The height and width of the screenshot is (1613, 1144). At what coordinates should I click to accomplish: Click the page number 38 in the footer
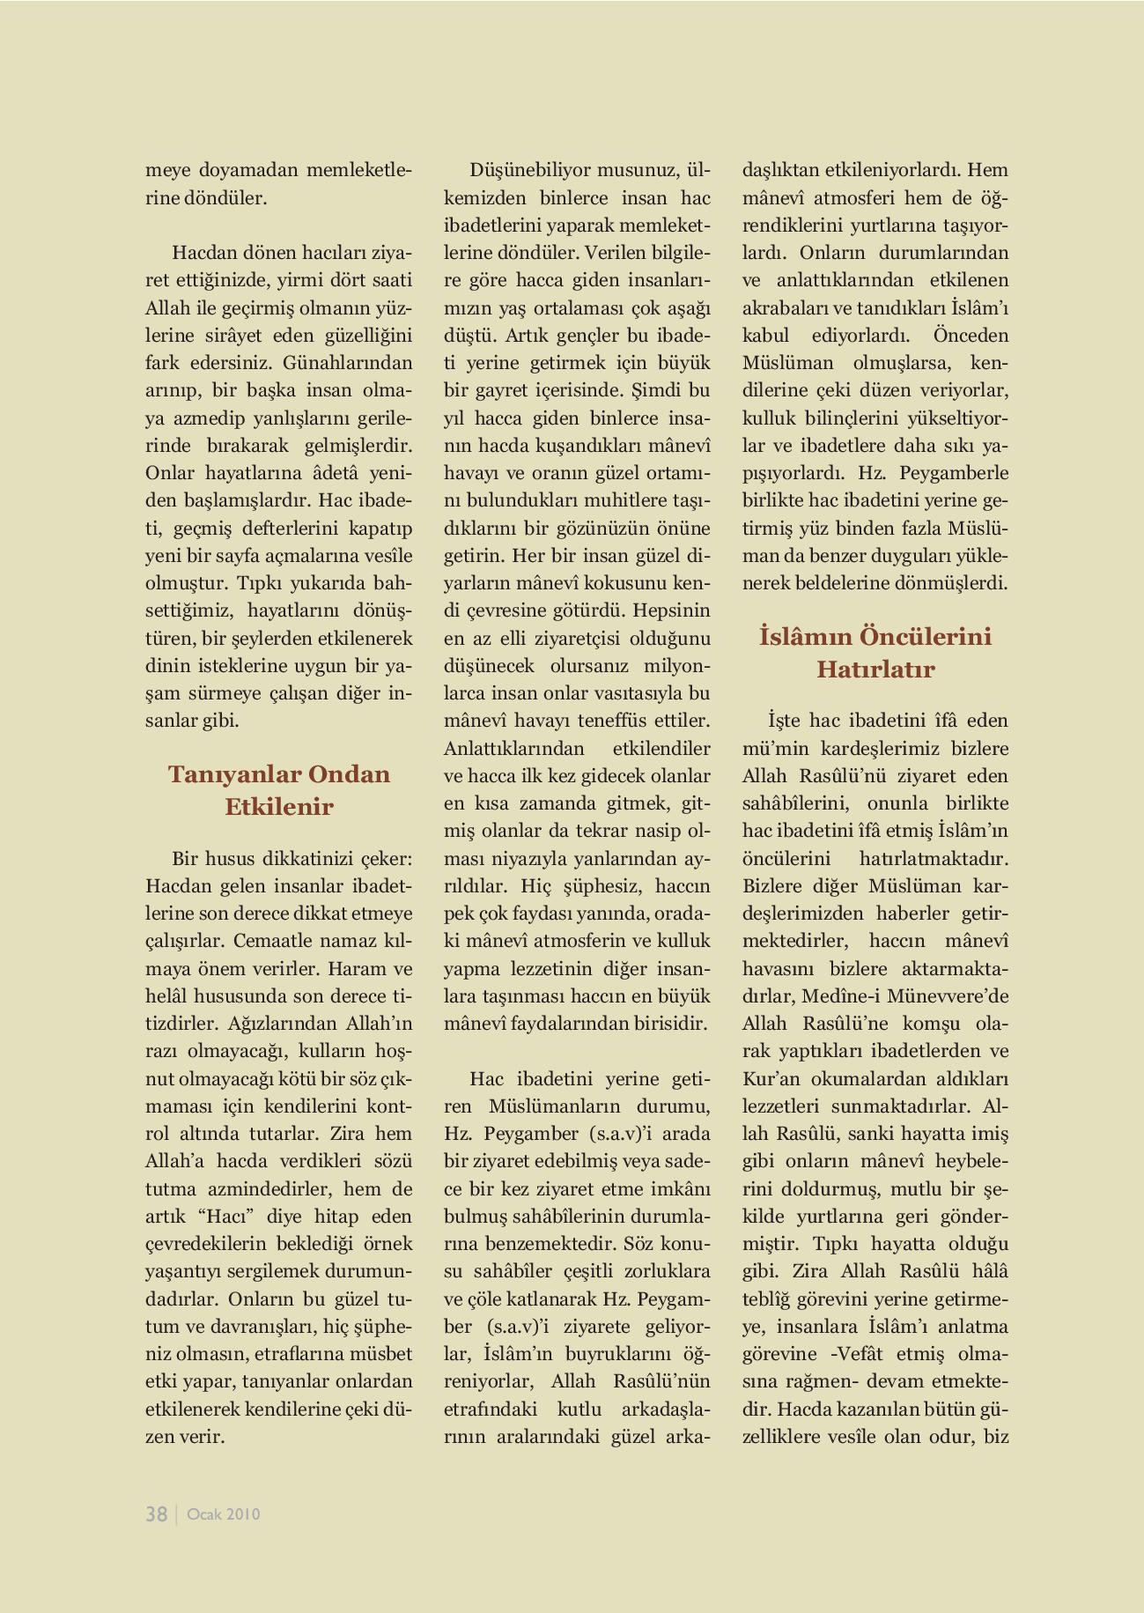(156, 1513)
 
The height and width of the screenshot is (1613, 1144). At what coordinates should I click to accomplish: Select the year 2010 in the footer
(243, 1514)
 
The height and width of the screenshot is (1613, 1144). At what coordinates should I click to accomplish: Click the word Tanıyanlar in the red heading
(224, 774)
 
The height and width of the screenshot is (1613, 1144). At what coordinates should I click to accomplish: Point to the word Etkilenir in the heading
(279, 807)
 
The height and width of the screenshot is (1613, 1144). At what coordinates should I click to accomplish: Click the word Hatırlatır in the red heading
(875, 670)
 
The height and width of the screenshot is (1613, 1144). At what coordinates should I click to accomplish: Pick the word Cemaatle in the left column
(270, 941)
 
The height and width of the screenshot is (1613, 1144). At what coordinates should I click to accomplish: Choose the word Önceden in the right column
(971, 336)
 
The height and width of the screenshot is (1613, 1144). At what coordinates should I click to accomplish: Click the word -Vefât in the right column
(860, 1354)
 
